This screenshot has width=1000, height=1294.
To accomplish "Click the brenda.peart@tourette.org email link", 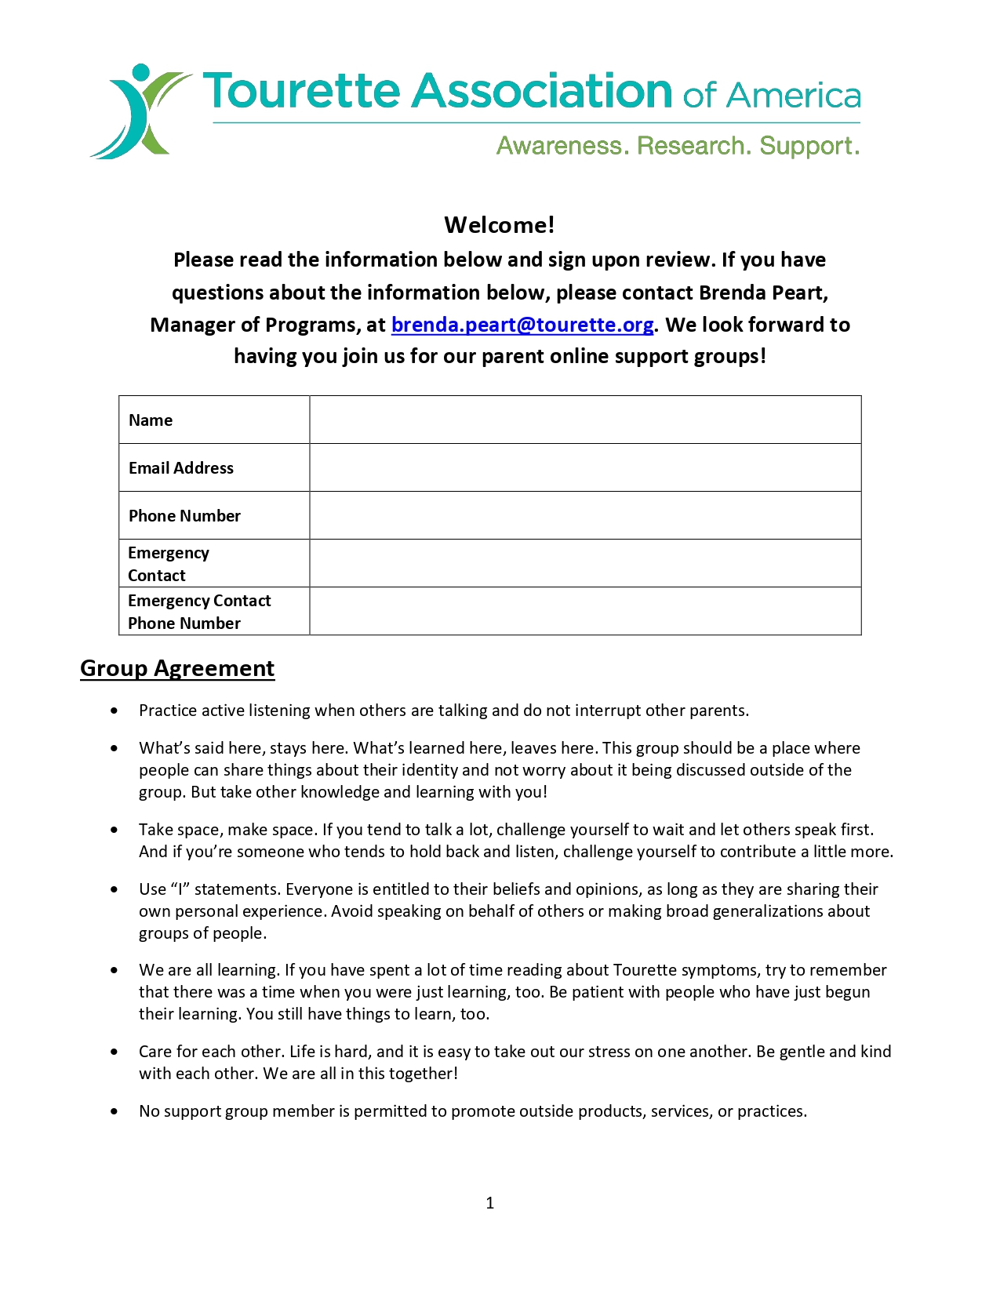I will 522,325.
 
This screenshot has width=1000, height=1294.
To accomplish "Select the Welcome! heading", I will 500,225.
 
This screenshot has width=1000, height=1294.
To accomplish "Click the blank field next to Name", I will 585,420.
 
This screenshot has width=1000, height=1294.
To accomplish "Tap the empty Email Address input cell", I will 585,467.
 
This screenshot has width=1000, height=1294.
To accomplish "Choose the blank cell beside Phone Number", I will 585,515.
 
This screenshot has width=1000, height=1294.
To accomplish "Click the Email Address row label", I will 181,468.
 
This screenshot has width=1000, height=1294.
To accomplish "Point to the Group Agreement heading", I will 177,668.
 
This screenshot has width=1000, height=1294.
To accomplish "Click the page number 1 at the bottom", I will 490,1203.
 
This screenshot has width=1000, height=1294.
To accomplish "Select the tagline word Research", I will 691,146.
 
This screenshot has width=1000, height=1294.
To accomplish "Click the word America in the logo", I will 793,96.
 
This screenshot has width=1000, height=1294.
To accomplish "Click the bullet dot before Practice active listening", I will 115,711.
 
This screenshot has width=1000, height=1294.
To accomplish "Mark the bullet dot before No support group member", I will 115,1111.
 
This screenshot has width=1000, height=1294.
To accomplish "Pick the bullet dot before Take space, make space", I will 115,830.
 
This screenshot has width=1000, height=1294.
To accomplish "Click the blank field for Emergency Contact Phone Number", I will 585,611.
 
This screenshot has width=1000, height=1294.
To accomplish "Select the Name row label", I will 151,420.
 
